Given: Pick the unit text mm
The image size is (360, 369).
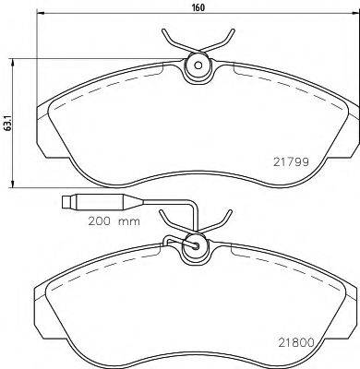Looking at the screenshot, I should (x=133, y=222).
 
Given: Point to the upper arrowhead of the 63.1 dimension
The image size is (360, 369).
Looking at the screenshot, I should (x=12, y=57).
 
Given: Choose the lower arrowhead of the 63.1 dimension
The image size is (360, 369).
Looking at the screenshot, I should (x=12, y=181).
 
